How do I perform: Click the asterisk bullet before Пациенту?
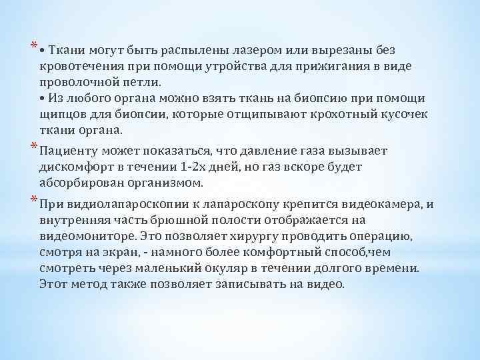[33, 147]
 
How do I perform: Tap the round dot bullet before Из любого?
[42, 99]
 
